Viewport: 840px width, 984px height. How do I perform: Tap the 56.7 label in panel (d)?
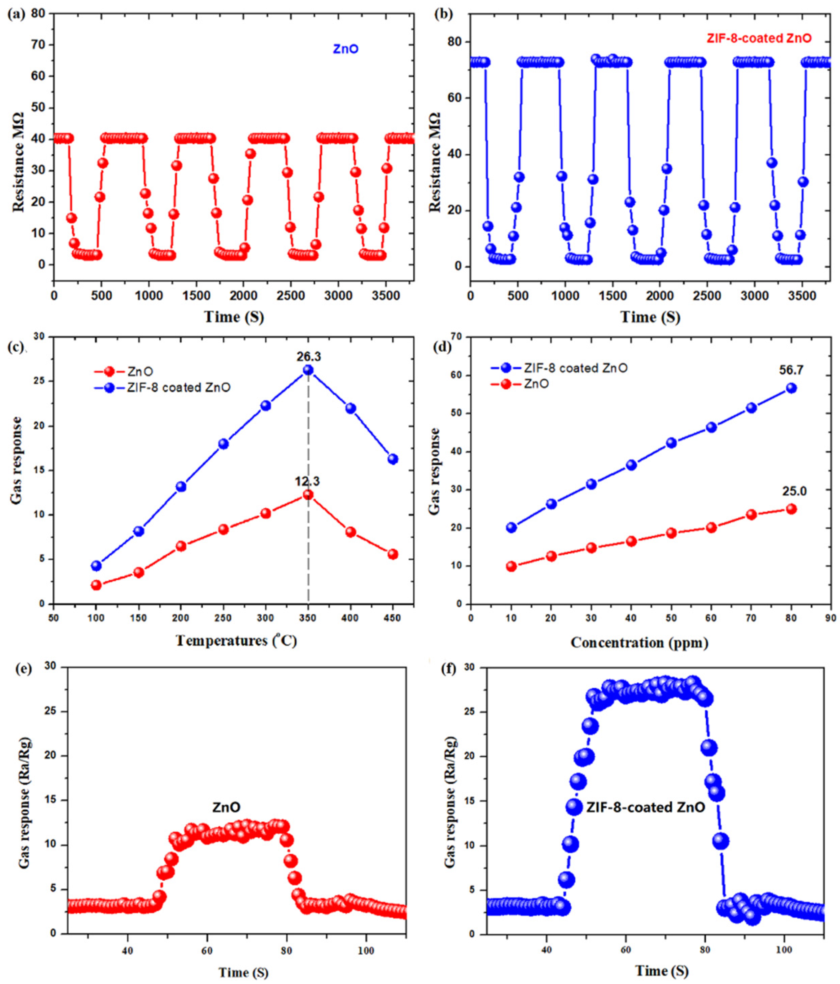coord(791,370)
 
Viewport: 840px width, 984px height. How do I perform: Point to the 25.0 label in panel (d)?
coord(792,491)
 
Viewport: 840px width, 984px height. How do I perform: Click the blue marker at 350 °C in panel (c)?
coord(309,370)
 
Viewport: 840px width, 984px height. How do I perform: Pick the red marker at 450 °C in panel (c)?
coord(392,554)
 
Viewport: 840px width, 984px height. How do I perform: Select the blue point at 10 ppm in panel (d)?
coord(511,528)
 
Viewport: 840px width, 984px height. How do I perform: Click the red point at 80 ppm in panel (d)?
coord(791,509)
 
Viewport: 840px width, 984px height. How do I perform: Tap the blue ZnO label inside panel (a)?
coord(345,49)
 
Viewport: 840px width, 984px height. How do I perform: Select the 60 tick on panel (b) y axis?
coord(457,98)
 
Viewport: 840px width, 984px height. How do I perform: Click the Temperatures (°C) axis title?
coord(237,641)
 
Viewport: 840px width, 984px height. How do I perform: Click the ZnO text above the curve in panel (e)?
coord(226,807)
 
